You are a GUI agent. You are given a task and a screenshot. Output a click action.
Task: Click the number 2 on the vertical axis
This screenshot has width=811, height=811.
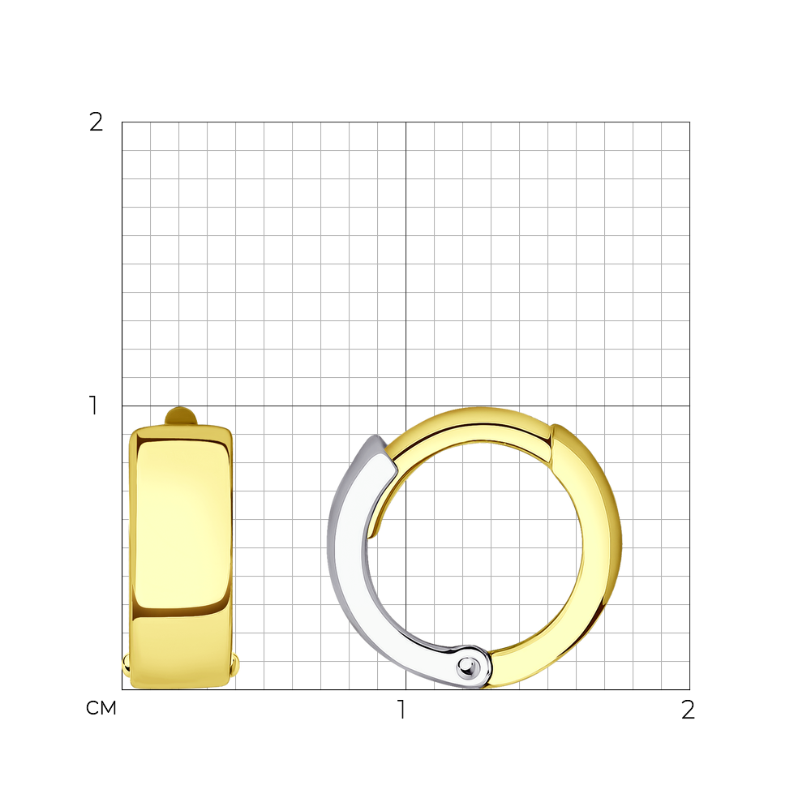tap(97, 122)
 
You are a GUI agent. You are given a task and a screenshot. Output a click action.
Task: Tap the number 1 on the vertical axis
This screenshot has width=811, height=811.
tap(93, 405)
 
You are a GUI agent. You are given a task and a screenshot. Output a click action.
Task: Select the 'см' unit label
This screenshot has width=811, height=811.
tap(101, 708)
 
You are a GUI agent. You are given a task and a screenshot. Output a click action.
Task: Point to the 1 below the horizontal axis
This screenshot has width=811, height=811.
tap(401, 709)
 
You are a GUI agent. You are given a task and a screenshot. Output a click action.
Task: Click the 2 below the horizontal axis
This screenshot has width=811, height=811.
tap(688, 710)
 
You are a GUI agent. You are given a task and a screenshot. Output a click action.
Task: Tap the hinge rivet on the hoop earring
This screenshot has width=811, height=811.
tap(468, 667)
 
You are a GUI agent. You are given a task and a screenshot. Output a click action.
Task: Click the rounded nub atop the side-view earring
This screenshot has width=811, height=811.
tap(181, 416)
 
